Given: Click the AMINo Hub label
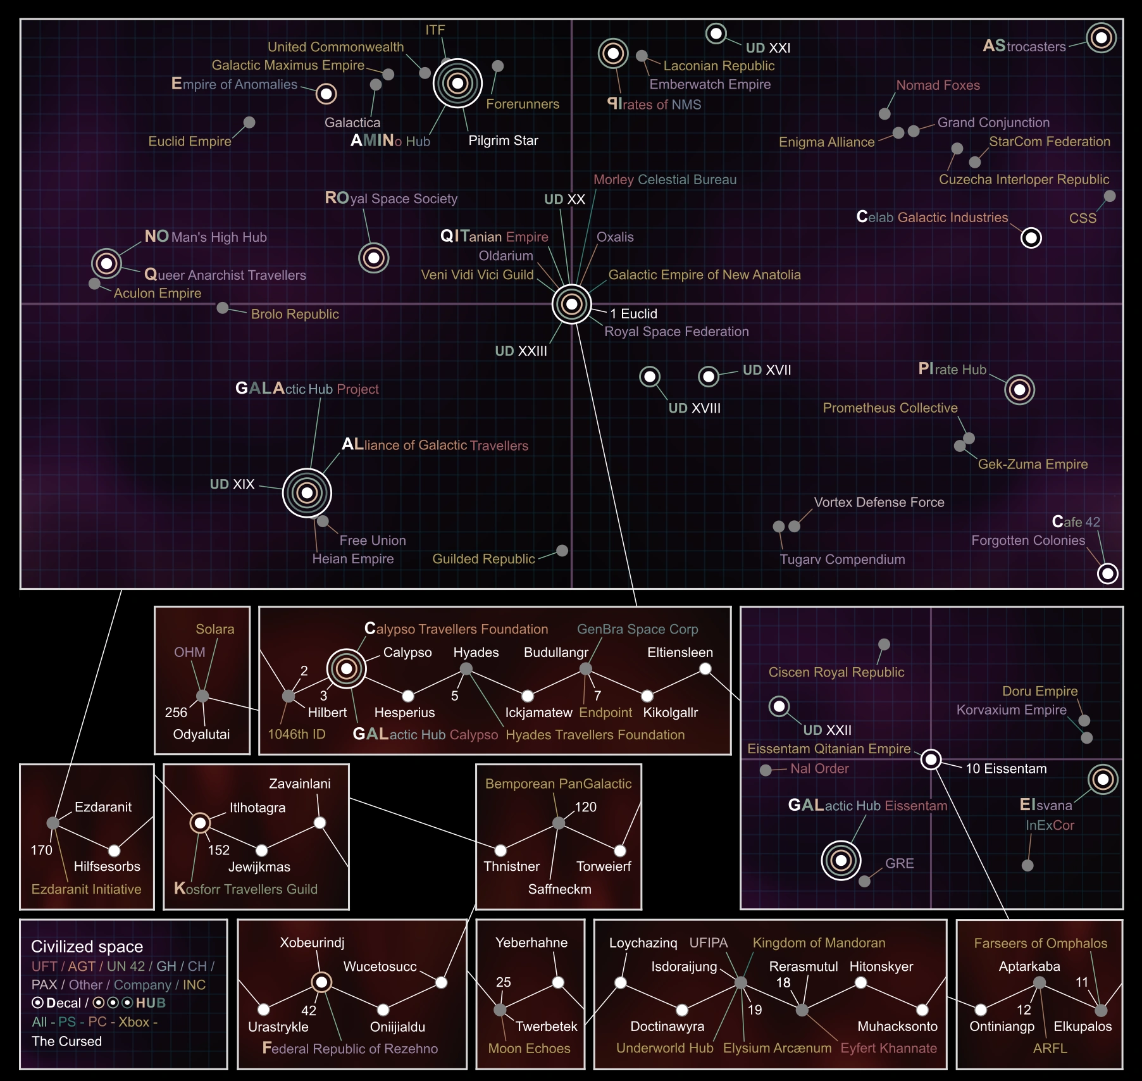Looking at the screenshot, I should coord(390,141).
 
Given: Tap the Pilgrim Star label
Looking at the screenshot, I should coord(503,141).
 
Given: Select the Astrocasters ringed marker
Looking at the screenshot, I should coord(1101,38).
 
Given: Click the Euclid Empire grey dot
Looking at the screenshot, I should coord(249,122).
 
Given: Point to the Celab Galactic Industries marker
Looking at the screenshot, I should coord(1031,238).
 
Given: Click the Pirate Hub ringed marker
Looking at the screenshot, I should coord(1019,389).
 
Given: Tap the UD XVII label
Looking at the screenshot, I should coord(766,370).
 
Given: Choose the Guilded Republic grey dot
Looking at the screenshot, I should coord(562,551).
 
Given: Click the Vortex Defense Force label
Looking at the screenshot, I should coord(879,503).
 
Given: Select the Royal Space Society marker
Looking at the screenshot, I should coord(373,258).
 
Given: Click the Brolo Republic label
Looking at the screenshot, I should coord(295,314).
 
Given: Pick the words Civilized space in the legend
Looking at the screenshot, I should coord(87,947).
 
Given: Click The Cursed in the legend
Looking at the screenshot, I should coord(66,1041).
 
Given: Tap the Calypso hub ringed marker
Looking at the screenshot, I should coord(346,668).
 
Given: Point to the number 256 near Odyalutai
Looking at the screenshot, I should coord(176,713).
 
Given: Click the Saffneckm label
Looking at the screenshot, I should coord(559,889).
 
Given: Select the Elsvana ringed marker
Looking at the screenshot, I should coord(1103,779).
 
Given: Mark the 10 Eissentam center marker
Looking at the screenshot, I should coord(931,759).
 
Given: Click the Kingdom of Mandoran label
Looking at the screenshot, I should coord(819,943).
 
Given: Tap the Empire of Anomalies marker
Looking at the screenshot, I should coord(326,94).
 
